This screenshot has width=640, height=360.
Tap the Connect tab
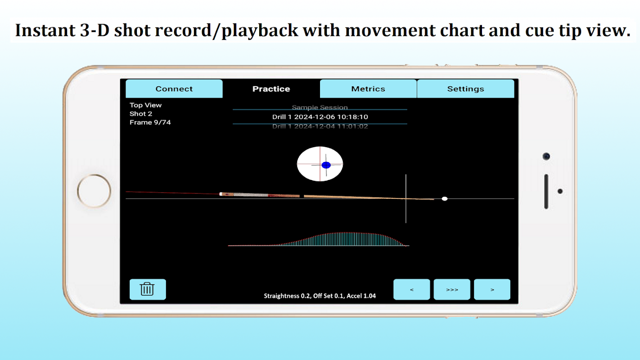[174, 89]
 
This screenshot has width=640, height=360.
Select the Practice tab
[271, 89]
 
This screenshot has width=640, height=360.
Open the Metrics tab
[368, 89]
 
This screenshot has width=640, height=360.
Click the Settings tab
[465, 89]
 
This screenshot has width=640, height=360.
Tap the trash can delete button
[148, 289]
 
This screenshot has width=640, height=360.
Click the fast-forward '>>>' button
[452, 289]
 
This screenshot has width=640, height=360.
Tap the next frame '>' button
[492, 289]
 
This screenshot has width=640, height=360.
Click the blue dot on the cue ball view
[326, 165]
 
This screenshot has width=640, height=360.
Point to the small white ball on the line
[445, 198]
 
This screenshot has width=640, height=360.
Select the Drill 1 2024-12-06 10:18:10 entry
[320, 117]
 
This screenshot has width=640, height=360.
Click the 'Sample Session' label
[320, 107]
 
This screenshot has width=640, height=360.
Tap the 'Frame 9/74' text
[150, 122]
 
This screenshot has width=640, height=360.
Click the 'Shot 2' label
[141, 114]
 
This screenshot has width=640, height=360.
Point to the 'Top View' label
[145, 105]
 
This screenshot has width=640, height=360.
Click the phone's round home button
[94, 191]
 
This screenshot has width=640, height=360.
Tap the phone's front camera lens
[546, 156]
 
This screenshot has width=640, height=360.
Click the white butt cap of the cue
[221, 194]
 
